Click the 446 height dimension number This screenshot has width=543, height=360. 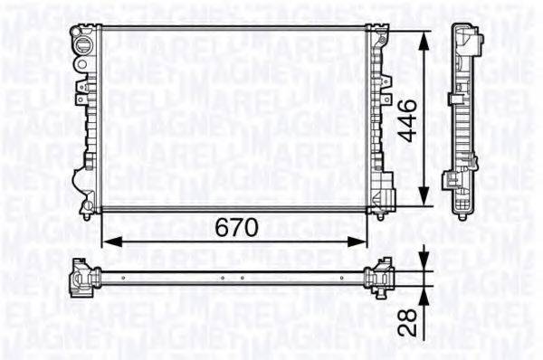coord(411,118)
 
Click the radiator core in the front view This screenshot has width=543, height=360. coord(235,118)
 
